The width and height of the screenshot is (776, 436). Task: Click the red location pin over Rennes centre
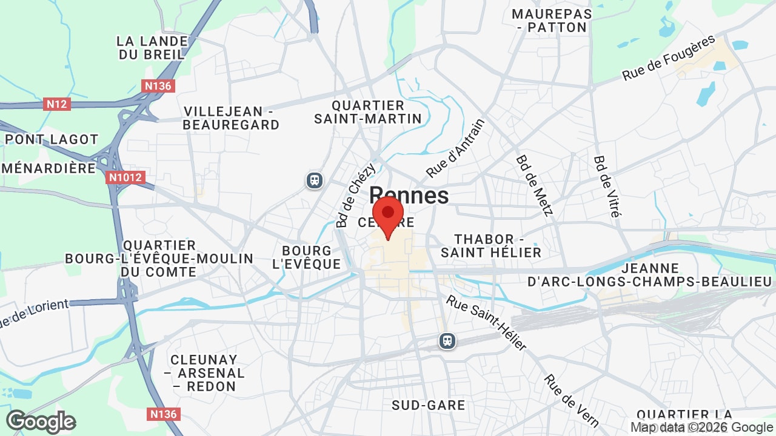tap(388, 215)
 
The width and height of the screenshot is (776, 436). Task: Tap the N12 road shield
tap(58, 104)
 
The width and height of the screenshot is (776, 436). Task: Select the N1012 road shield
tap(125, 177)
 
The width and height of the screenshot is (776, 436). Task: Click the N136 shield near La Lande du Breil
tap(158, 86)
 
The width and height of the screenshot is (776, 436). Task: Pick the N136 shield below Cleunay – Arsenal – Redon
tap(163, 414)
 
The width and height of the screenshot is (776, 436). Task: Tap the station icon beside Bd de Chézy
tap(314, 180)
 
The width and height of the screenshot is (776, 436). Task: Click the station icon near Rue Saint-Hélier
tap(447, 341)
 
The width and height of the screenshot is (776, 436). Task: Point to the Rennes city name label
tap(409, 196)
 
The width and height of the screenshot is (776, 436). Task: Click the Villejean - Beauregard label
tap(231, 118)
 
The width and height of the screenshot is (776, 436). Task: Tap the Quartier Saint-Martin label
tap(367, 112)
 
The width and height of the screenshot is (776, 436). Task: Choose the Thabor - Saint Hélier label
tap(491, 246)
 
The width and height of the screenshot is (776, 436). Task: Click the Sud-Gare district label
tap(429, 405)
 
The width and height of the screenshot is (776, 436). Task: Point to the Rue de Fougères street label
tap(669, 58)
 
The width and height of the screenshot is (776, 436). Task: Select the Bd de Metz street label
tap(535, 185)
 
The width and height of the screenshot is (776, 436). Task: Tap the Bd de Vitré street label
tap(607, 187)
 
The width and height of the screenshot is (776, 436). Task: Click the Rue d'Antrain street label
tap(455, 148)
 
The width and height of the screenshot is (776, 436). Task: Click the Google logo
tap(41, 421)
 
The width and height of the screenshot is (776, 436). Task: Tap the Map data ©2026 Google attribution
tap(702, 427)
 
